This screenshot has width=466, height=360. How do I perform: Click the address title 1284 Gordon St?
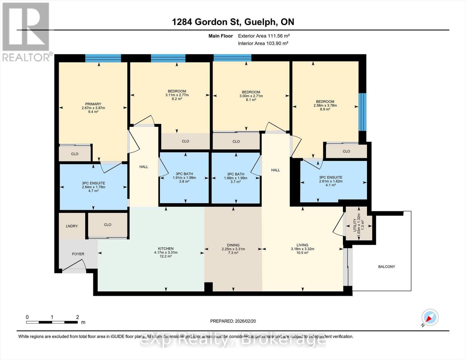click(233, 22)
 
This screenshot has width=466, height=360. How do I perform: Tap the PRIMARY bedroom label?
click(93, 104)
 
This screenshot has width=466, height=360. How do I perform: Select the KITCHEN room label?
click(166, 248)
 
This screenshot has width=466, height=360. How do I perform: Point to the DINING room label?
click(233, 245)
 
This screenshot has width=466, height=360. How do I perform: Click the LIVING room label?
click(302, 245)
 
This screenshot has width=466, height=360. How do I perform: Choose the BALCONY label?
click(386, 266)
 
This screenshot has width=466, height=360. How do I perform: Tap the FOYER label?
click(78, 254)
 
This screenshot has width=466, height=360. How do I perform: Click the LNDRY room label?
click(72, 226)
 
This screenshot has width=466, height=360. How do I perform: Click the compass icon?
click(430, 317)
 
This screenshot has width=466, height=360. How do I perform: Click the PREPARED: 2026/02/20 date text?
click(233, 321)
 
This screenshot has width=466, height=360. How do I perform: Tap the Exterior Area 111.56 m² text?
click(264, 36)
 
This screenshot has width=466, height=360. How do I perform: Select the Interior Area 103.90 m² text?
click(263, 43)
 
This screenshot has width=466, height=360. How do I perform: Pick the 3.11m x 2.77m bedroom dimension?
click(177, 95)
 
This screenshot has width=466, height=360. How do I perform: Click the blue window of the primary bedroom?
click(103, 58)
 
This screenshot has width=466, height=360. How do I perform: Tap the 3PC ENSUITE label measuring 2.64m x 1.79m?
click(93, 183)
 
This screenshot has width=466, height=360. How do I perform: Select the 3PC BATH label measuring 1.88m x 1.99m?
click(236, 174)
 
